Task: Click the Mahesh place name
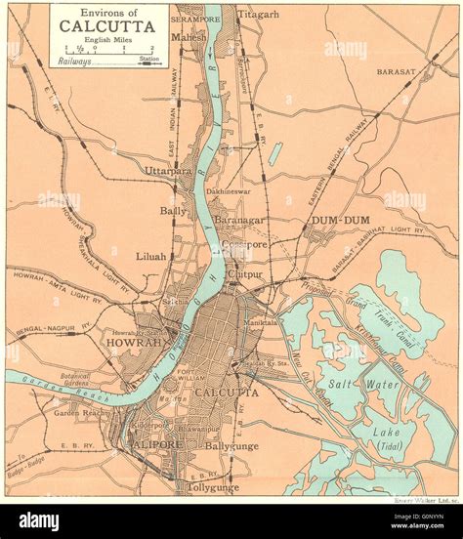pyautogui.click(x=189, y=37)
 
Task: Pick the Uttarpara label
pyautogui.click(x=167, y=171)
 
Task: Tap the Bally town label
pyautogui.click(x=174, y=210)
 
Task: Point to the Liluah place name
pyautogui.click(x=151, y=256)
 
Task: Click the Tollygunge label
pyautogui.click(x=213, y=486)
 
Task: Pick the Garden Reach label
pyautogui.click(x=79, y=413)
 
